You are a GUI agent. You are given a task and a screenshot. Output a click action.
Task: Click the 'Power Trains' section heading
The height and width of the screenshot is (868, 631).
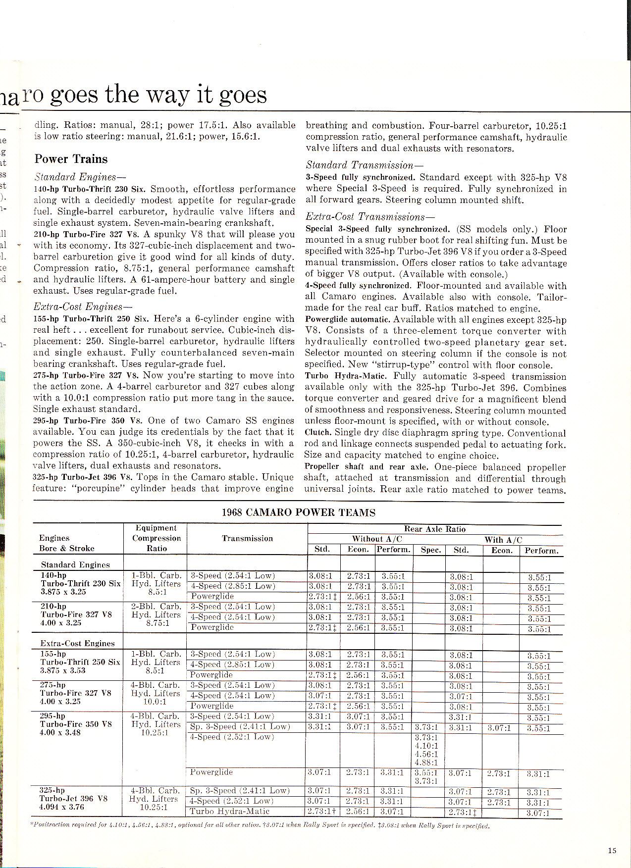(x=71, y=159)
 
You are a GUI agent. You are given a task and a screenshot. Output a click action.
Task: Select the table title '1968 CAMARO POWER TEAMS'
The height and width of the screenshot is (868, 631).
(x=298, y=512)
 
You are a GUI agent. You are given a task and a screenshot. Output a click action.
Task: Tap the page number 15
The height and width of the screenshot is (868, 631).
(x=612, y=851)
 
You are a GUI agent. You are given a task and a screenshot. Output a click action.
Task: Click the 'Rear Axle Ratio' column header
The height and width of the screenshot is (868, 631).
(x=435, y=529)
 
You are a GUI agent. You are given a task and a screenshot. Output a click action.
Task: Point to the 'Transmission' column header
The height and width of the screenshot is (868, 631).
(x=247, y=538)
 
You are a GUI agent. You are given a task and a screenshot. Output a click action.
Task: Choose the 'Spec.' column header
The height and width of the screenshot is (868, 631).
(x=430, y=550)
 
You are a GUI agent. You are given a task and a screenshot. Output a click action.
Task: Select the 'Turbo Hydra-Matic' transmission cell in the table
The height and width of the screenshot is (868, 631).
(x=229, y=811)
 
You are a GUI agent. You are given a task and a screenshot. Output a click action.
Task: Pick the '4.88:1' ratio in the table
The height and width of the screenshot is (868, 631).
(x=426, y=763)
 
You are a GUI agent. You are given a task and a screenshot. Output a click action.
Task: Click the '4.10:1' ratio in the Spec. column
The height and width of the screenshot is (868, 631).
(x=426, y=745)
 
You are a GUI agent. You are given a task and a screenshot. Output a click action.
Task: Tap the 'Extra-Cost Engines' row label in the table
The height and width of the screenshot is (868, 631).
(x=77, y=643)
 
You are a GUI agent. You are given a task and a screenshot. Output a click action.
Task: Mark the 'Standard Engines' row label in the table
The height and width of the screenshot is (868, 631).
(x=75, y=564)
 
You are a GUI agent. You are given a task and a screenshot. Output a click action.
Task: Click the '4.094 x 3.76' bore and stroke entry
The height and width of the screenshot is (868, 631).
(x=62, y=807)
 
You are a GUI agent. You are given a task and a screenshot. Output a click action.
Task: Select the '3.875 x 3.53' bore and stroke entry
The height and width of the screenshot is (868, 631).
(x=63, y=670)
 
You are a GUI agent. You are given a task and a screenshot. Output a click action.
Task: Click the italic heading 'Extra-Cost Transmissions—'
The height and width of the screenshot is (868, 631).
(x=370, y=216)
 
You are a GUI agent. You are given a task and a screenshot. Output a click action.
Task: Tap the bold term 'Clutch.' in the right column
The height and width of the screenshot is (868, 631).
(x=317, y=433)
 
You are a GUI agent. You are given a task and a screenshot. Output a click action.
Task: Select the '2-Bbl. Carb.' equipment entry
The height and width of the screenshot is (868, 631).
(x=156, y=607)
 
